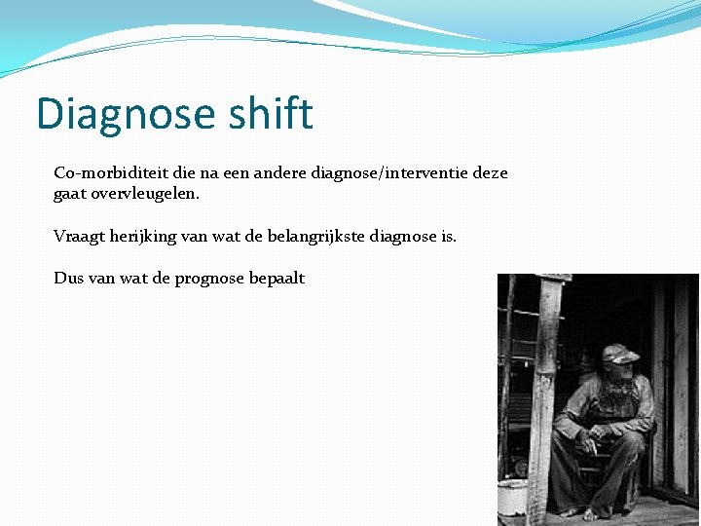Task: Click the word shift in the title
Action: [272, 114]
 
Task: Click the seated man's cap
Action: [618, 353]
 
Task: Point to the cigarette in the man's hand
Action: [591, 447]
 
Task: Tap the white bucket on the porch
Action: [512, 497]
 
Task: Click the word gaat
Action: [70, 194]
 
